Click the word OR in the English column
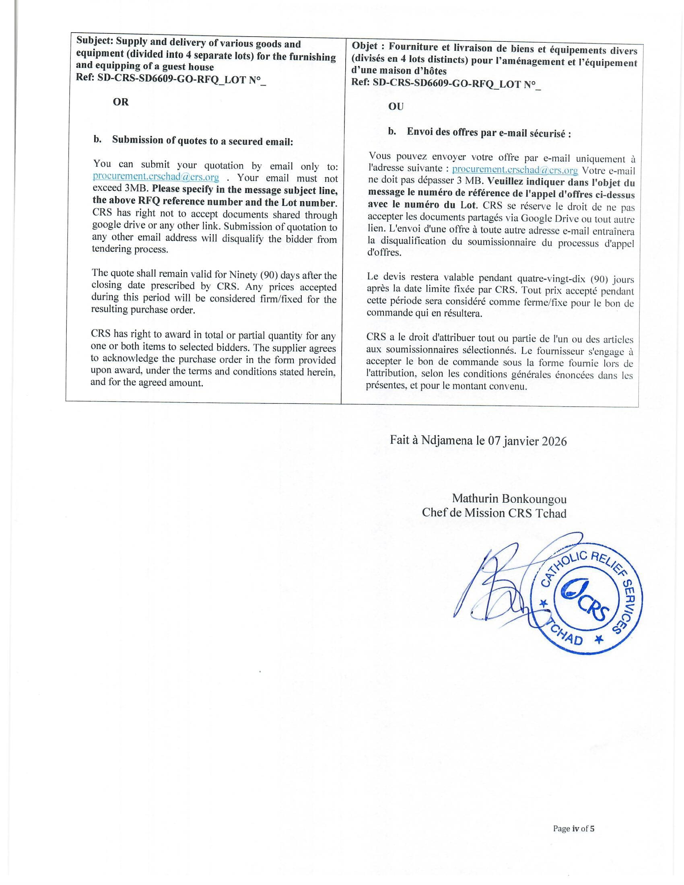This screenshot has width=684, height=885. [120, 102]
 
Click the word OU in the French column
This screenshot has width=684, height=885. [396, 107]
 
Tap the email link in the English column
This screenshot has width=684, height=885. [156, 177]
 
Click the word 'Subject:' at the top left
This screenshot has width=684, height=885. [95, 41]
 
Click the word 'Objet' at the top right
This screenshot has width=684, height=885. [365, 46]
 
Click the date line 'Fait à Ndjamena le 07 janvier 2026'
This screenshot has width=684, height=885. [478, 441]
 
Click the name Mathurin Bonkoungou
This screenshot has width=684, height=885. [509, 499]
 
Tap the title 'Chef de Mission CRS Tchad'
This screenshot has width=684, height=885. [494, 513]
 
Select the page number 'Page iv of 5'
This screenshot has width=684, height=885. [573, 829]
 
